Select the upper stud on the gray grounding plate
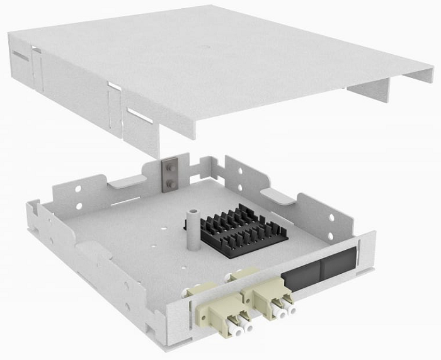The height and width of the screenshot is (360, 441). (169, 168)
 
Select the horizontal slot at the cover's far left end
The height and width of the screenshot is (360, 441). (20, 55)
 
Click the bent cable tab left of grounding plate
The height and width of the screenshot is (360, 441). (129, 183)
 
